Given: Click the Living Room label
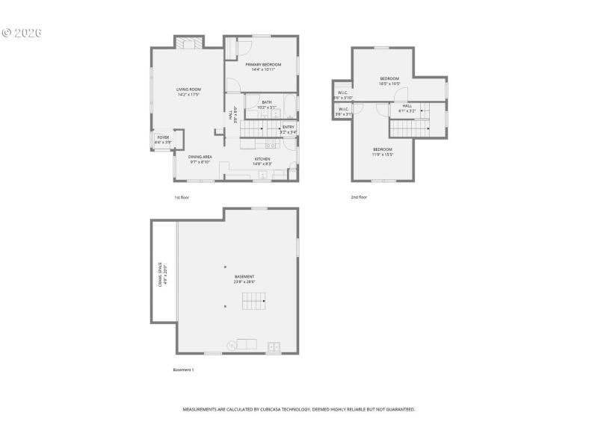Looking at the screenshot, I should pyautogui.click(x=188, y=90).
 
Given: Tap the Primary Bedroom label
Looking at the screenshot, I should pyautogui.click(x=263, y=65).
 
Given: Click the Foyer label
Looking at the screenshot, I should pyautogui.click(x=162, y=138).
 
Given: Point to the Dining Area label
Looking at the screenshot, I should pyautogui.click(x=200, y=157).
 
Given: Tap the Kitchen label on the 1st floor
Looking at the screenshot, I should pyautogui.click(x=262, y=159).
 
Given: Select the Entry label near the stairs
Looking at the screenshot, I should pyautogui.click(x=288, y=127).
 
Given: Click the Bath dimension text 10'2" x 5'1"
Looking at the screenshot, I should pyautogui.click(x=267, y=108).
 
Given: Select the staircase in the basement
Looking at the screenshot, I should pyautogui.click(x=253, y=301).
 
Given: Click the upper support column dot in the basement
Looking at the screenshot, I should pyautogui.click(x=225, y=267).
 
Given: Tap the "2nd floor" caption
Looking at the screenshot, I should pyautogui.click(x=359, y=197).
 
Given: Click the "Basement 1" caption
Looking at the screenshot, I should pyautogui.click(x=183, y=370).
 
